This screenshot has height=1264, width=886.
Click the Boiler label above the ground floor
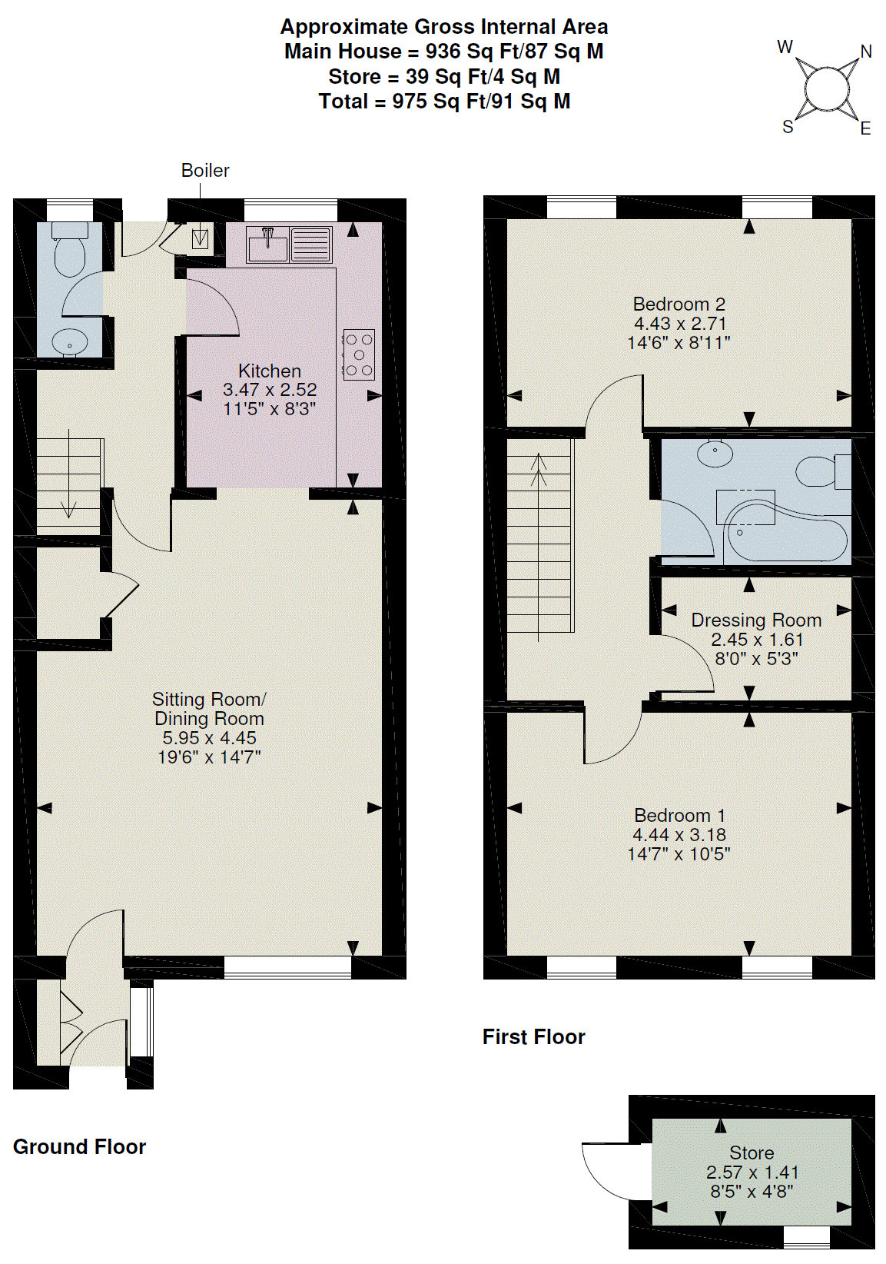(x=205, y=171)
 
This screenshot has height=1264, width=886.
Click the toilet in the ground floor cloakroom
(x=69, y=249)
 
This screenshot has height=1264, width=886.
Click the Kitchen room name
(x=270, y=371)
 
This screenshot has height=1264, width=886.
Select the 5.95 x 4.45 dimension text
(x=208, y=737)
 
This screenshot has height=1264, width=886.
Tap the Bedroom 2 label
(x=679, y=304)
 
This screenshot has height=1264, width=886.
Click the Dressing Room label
(x=756, y=620)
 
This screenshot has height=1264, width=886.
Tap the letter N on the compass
(x=866, y=52)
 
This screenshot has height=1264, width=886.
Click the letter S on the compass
(x=788, y=128)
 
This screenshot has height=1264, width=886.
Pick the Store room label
(x=752, y=1153)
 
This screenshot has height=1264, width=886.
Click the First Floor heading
(x=533, y=1037)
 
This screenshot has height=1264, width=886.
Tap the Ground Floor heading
(x=79, y=1147)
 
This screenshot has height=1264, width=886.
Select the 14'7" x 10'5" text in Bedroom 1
(x=679, y=853)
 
